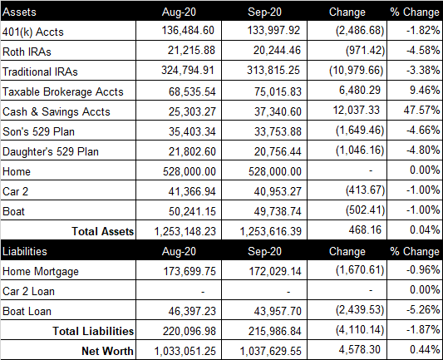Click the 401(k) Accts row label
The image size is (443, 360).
point(33,32)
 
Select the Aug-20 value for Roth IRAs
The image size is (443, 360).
point(191,50)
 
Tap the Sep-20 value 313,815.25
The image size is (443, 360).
point(273,70)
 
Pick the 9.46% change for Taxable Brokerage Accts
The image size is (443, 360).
point(425,90)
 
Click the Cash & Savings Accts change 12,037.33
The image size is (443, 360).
point(357,110)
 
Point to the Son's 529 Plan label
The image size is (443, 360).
point(38,131)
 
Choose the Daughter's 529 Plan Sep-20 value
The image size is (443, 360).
point(278,152)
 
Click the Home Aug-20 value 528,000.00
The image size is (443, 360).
point(190,171)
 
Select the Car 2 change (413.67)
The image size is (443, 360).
point(366,190)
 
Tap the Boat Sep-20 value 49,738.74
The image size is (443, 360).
point(278,211)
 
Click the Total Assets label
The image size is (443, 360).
point(102,231)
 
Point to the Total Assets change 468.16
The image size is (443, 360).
point(365,229)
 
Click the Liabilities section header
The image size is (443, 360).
point(25,251)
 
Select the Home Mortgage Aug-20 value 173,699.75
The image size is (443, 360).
point(190,272)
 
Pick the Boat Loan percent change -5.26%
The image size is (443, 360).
point(423,310)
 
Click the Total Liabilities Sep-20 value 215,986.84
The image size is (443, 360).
point(275,331)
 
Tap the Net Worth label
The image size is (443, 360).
point(107,351)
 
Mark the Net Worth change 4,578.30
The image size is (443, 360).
point(360,349)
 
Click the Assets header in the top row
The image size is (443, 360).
point(19,12)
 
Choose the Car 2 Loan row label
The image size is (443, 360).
point(28,291)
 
